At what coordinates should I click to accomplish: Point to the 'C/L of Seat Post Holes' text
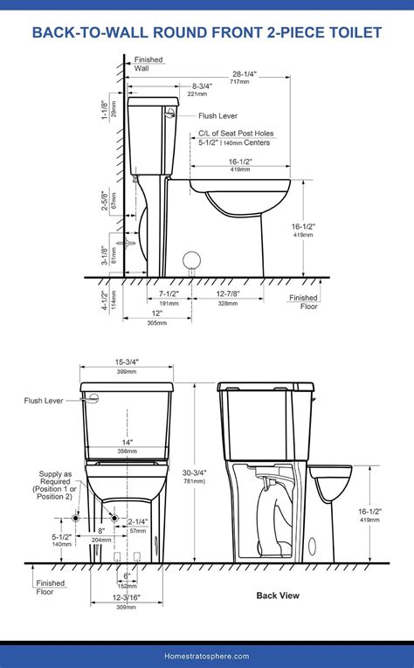click(x=235, y=134)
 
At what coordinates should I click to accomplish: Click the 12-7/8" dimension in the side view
click(x=229, y=294)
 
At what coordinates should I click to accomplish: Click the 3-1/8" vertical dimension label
click(x=104, y=255)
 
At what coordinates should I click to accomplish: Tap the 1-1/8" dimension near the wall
click(x=104, y=109)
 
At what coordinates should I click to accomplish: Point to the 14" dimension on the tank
click(x=127, y=443)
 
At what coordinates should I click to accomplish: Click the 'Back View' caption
click(x=278, y=596)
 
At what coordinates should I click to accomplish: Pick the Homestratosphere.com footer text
click(x=207, y=656)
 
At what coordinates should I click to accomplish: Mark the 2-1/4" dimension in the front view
click(x=138, y=522)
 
